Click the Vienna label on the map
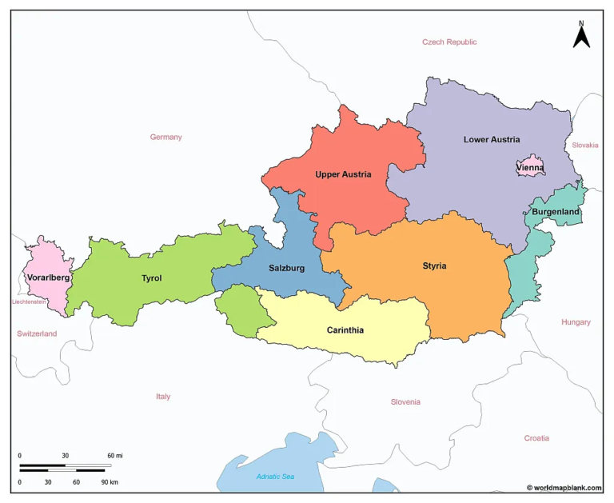[530, 168]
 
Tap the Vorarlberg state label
[48, 277]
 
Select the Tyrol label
[151, 278]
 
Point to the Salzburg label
[286, 268]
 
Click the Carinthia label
[345, 330]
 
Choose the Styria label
[434, 265]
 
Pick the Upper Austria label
[343, 174]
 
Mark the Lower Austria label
[492, 140]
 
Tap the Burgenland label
[556, 212]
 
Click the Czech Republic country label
[449, 42]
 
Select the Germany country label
[165, 137]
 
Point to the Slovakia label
[584, 145]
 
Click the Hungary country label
[576, 322]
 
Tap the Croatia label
[536, 438]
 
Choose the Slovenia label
[405, 402]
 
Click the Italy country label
[163, 397]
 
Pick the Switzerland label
[37, 333]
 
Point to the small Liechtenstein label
[29, 302]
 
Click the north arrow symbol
[581, 34]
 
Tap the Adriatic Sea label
[275, 477]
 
